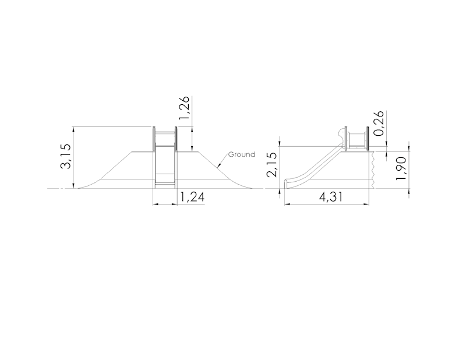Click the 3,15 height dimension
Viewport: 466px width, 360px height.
(65, 157)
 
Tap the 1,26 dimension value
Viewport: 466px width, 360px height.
(183, 109)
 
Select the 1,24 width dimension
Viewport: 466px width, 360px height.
(192, 197)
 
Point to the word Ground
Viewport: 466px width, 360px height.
(241, 154)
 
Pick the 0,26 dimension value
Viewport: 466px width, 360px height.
(379, 123)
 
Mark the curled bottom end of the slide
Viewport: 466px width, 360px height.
(286, 183)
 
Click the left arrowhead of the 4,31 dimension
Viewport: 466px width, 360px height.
(287, 204)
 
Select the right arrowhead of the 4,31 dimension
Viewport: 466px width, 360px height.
(368, 204)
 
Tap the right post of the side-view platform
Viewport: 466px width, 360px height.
(368, 139)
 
